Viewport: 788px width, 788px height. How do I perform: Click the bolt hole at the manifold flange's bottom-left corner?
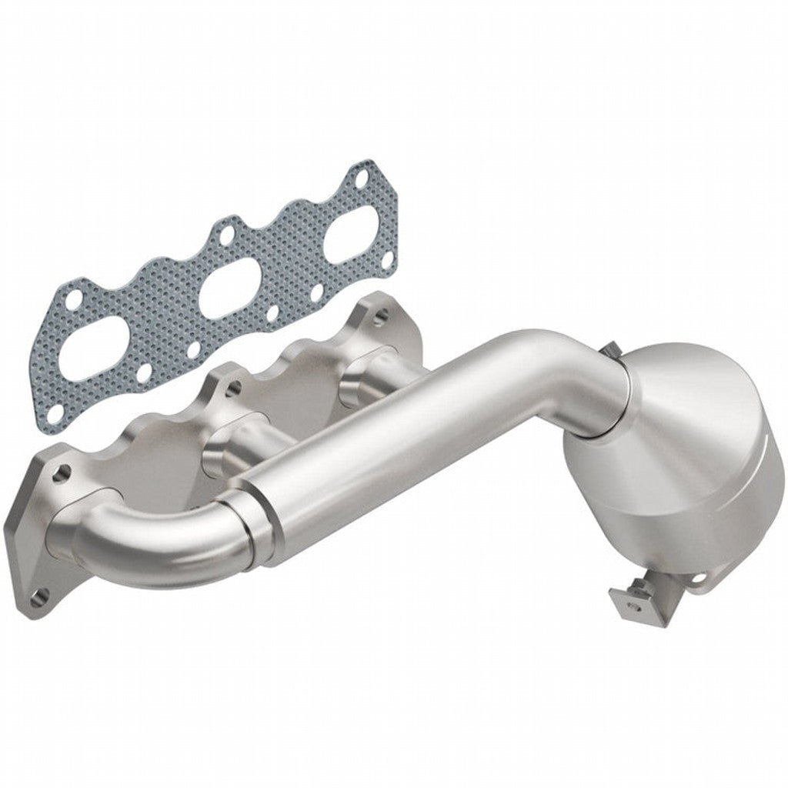[42, 593]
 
